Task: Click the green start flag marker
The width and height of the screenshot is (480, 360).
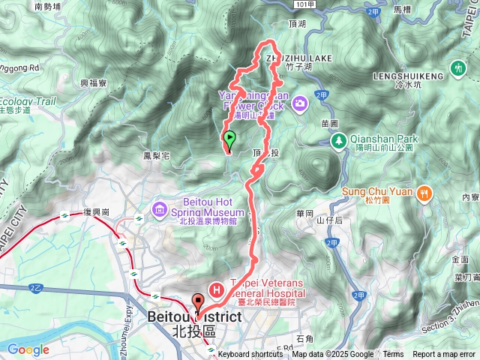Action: [229, 138]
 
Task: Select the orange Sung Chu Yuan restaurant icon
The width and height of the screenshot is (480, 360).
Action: [424, 191]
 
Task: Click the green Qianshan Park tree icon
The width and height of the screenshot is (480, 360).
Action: [339, 139]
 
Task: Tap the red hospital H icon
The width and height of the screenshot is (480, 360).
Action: [217, 289]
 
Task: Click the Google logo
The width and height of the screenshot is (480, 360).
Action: [28, 349]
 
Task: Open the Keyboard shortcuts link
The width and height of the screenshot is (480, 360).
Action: [250, 355]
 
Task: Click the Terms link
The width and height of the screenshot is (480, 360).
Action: [393, 355]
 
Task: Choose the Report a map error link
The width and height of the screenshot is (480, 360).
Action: [444, 355]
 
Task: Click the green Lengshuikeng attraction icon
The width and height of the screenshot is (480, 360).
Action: [457, 69]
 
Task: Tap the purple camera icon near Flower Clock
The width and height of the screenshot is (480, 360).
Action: [300, 103]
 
